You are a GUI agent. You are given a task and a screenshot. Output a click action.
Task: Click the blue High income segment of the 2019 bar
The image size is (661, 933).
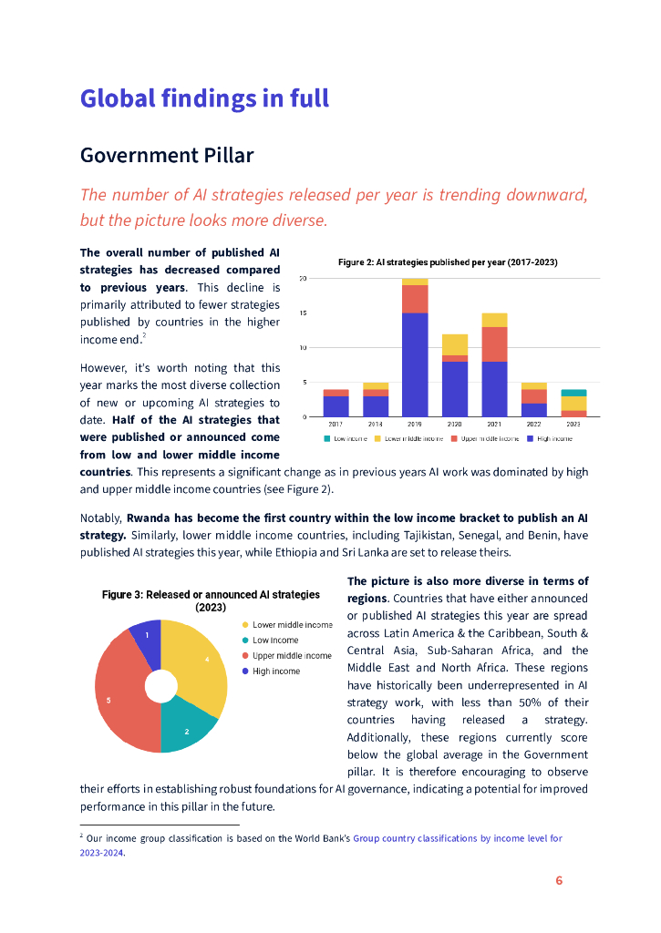pyautogui.click(x=415, y=364)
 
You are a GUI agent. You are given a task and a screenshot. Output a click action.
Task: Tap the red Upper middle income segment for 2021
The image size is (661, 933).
pyautogui.click(x=494, y=344)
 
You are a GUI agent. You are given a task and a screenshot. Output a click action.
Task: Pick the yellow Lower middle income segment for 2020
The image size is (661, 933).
pyautogui.click(x=454, y=344)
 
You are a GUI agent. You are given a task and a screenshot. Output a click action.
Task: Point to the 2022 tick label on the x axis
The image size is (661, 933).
pyautogui.click(x=533, y=425)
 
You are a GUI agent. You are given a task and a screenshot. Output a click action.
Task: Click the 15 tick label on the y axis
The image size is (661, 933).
pyautogui.click(x=302, y=313)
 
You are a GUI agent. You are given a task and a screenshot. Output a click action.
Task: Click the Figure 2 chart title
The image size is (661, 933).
pyautogui.click(x=447, y=262)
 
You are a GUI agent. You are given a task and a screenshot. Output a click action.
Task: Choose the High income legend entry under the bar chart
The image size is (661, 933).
pyautogui.click(x=553, y=439)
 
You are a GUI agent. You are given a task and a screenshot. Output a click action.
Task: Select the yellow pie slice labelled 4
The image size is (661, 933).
pyautogui.click(x=205, y=661)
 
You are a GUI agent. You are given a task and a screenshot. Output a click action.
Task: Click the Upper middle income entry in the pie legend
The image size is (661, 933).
pyautogui.click(x=291, y=656)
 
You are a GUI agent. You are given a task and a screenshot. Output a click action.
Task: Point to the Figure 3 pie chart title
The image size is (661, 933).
pyautogui.click(x=211, y=600)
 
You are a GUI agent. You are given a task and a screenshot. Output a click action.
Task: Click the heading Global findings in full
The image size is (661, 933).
pyautogui.click(x=204, y=98)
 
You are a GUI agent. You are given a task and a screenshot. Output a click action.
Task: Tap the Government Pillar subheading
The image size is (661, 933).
pyautogui.click(x=167, y=155)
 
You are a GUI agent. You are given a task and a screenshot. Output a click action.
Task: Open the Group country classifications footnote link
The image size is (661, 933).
pyautogui.click(x=457, y=838)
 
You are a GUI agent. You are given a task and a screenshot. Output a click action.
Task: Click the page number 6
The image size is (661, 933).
pyautogui.click(x=559, y=880)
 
